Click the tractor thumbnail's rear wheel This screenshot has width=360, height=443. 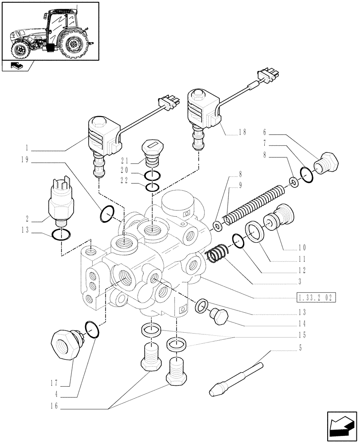click(x=73, y=45)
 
